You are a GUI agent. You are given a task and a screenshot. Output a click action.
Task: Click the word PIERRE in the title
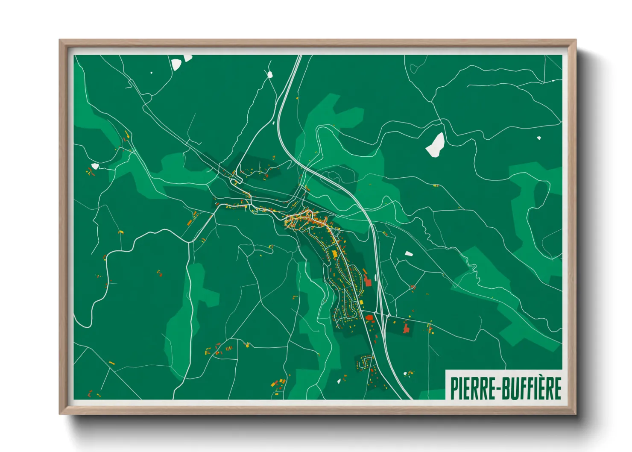(x=469, y=388)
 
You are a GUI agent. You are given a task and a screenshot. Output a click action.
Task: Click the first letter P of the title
(x=454, y=388)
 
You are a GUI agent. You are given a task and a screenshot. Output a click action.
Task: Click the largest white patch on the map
(x=435, y=145)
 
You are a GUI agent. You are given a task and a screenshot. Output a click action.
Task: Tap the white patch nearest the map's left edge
(x=95, y=166)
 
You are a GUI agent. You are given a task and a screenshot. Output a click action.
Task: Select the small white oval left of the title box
(x=406, y=374)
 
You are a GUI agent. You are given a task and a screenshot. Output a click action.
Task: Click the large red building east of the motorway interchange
(x=407, y=328)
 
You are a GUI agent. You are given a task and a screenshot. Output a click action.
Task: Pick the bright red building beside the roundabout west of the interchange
(x=369, y=317)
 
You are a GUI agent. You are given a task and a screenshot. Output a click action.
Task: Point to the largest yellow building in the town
(x=334, y=253)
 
